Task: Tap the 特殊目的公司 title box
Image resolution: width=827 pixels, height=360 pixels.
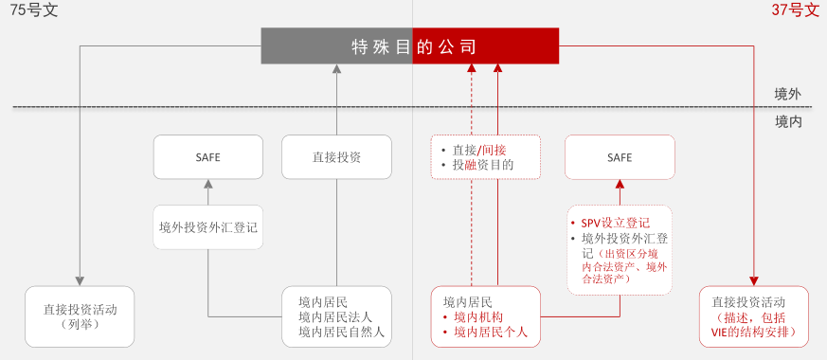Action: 411,46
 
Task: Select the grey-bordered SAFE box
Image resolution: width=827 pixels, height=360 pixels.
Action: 207,157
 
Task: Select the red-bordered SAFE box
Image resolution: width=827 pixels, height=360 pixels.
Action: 620,157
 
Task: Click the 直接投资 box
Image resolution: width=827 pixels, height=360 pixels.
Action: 336,157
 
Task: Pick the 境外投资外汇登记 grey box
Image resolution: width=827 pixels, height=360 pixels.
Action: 207,227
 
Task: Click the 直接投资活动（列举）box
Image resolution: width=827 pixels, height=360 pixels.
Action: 80,315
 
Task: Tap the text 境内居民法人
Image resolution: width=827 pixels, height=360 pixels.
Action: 335,316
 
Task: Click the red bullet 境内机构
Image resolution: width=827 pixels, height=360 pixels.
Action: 479,316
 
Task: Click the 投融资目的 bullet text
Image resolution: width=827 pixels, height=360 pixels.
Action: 483,165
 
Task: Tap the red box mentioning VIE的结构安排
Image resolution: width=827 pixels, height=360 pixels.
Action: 754,316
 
